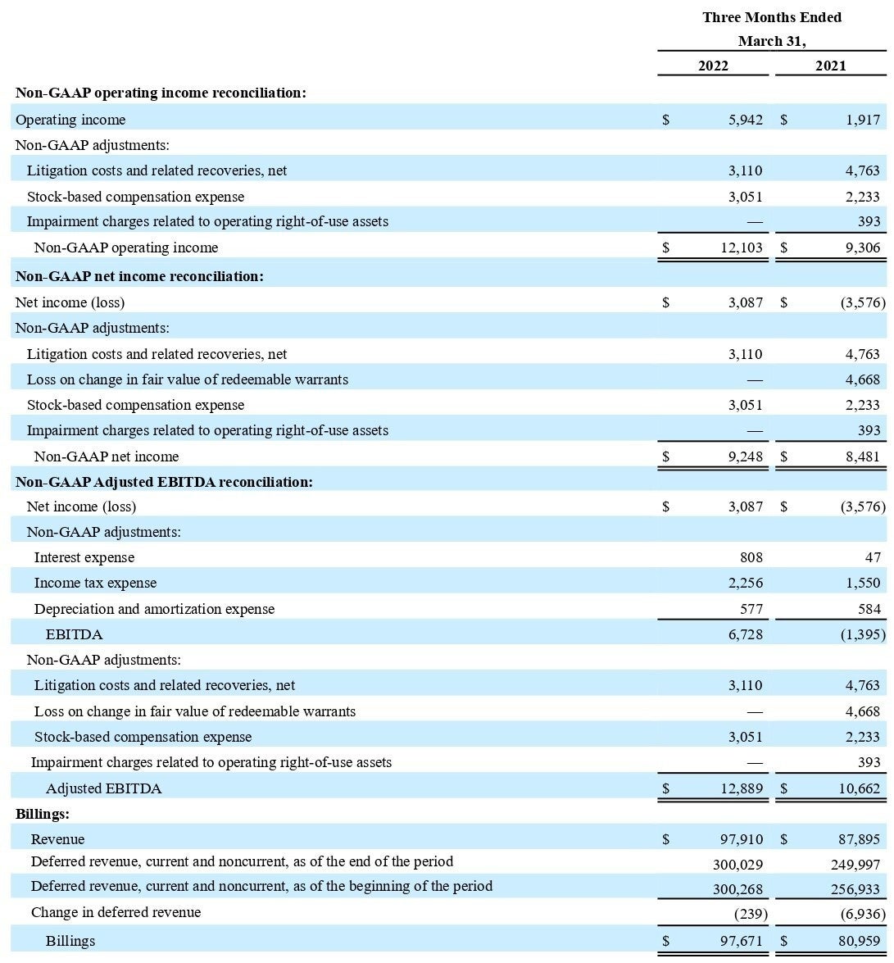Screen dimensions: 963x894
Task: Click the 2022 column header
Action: [713, 66]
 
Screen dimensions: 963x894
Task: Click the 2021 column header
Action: [830, 66]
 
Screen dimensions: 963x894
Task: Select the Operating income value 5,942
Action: [745, 120]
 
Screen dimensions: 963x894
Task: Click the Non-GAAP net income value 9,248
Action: [745, 457]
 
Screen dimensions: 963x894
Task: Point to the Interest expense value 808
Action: [751, 557]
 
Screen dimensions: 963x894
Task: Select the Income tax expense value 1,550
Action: [863, 583]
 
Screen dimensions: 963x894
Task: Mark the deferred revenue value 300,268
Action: [737, 887]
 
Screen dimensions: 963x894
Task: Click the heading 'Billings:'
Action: [43, 814]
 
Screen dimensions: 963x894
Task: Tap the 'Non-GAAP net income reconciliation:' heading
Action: [139, 276]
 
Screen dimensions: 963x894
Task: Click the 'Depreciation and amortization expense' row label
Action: [154, 609]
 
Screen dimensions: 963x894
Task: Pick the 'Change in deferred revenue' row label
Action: [116, 912]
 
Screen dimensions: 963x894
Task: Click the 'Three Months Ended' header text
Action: [771, 17]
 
